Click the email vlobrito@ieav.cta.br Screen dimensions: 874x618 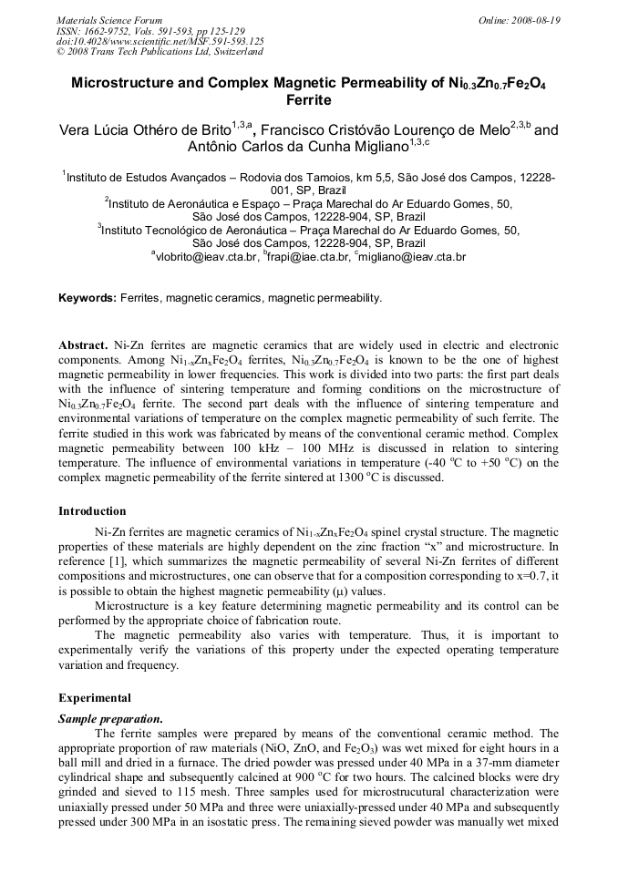(208, 258)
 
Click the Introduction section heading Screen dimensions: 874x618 (92, 511)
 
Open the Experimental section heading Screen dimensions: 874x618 (94, 698)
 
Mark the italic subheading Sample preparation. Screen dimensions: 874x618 (110, 718)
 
